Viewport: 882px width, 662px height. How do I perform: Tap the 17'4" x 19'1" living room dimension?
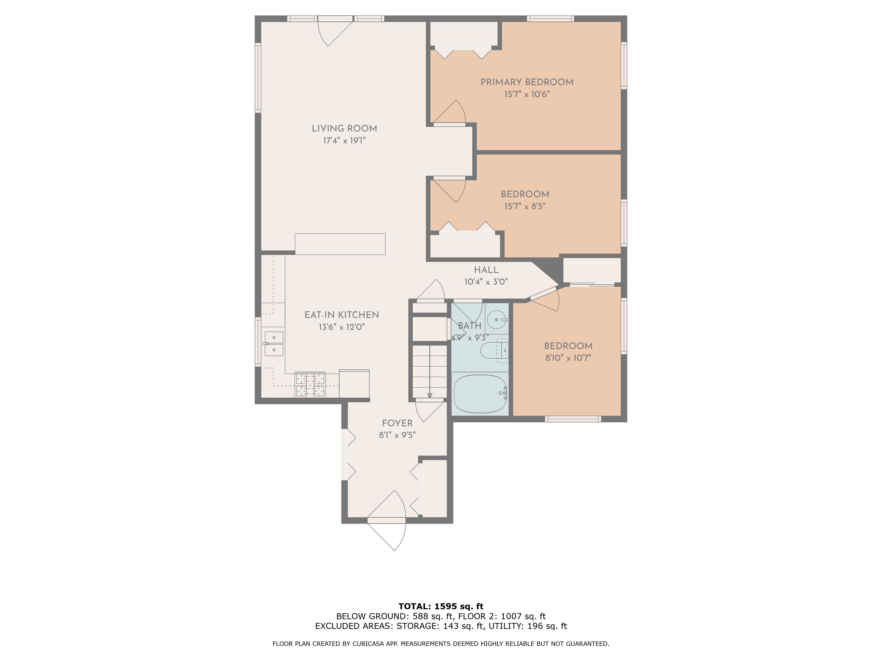(x=344, y=141)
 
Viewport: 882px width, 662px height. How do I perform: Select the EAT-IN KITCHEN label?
(x=341, y=315)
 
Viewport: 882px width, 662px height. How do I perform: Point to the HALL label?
(x=486, y=270)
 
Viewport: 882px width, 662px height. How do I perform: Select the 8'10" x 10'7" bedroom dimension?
(x=568, y=358)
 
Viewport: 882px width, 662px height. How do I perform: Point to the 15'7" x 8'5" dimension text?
(x=525, y=206)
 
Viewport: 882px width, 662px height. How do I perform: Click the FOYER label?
(x=397, y=423)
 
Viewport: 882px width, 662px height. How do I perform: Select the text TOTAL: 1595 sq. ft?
(x=441, y=607)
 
